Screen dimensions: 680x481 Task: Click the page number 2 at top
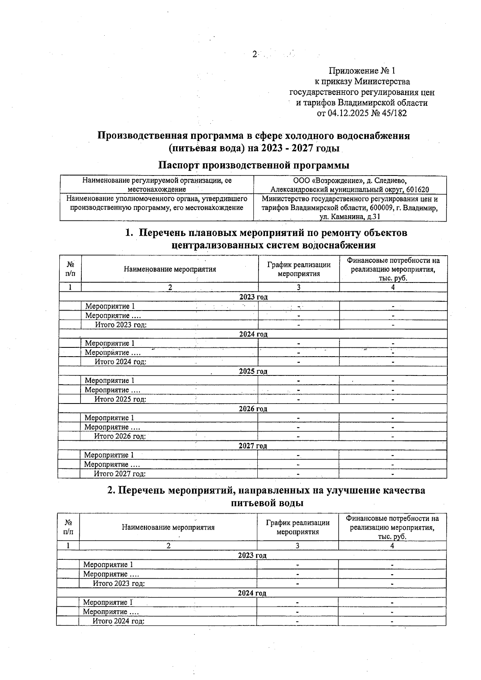click(x=254, y=54)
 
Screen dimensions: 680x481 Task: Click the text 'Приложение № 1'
click(x=362, y=71)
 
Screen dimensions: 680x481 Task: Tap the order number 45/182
click(x=394, y=113)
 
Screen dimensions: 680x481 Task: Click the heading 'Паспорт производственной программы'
click(x=253, y=165)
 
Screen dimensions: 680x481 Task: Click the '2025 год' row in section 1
click(x=253, y=371)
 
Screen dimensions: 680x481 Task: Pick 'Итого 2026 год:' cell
click(x=120, y=436)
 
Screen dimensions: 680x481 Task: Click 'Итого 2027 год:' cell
click(x=119, y=474)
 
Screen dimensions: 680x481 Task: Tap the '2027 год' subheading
click(x=253, y=446)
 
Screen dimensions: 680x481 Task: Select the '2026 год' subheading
click(x=253, y=409)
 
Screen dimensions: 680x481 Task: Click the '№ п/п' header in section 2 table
click(x=68, y=527)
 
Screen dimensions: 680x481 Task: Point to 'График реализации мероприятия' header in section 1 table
click(x=299, y=269)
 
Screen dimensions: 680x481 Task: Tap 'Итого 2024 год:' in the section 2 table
click(x=118, y=621)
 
